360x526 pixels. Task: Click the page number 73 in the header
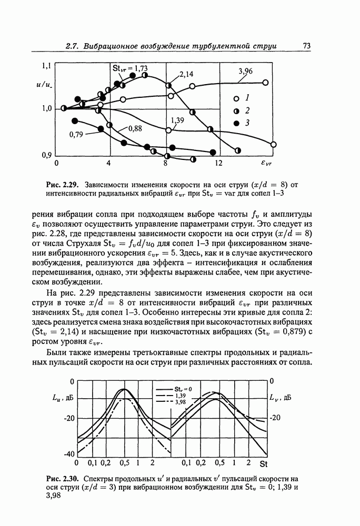(307, 46)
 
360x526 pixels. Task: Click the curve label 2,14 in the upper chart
(186, 75)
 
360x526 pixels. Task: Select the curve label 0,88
(135, 128)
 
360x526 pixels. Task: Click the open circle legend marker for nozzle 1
(237, 98)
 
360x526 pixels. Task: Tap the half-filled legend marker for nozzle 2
(237, 110)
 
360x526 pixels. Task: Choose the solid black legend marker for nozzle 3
(237, 123)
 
